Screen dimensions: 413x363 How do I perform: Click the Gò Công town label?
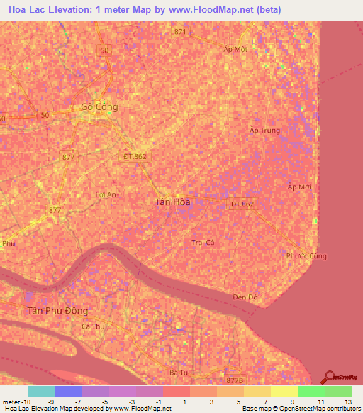[x=99, y=107]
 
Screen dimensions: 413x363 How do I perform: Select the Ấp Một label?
[x=235, y=49]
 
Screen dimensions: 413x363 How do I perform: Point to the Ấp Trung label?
[x=265, y=131]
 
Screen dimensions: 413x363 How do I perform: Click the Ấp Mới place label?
[x=299, y=187]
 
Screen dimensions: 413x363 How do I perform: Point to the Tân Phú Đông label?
[x=57, y=311]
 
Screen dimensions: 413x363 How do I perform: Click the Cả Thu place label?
[x=93, y=326]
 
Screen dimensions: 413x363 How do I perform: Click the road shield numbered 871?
[x=179, y=32]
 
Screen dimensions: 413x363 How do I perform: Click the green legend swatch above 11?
[x=311, y=391]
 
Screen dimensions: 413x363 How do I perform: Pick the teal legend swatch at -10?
[x=42, y=391]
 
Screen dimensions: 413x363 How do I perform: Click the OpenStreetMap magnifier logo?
[x=330, y=378]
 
